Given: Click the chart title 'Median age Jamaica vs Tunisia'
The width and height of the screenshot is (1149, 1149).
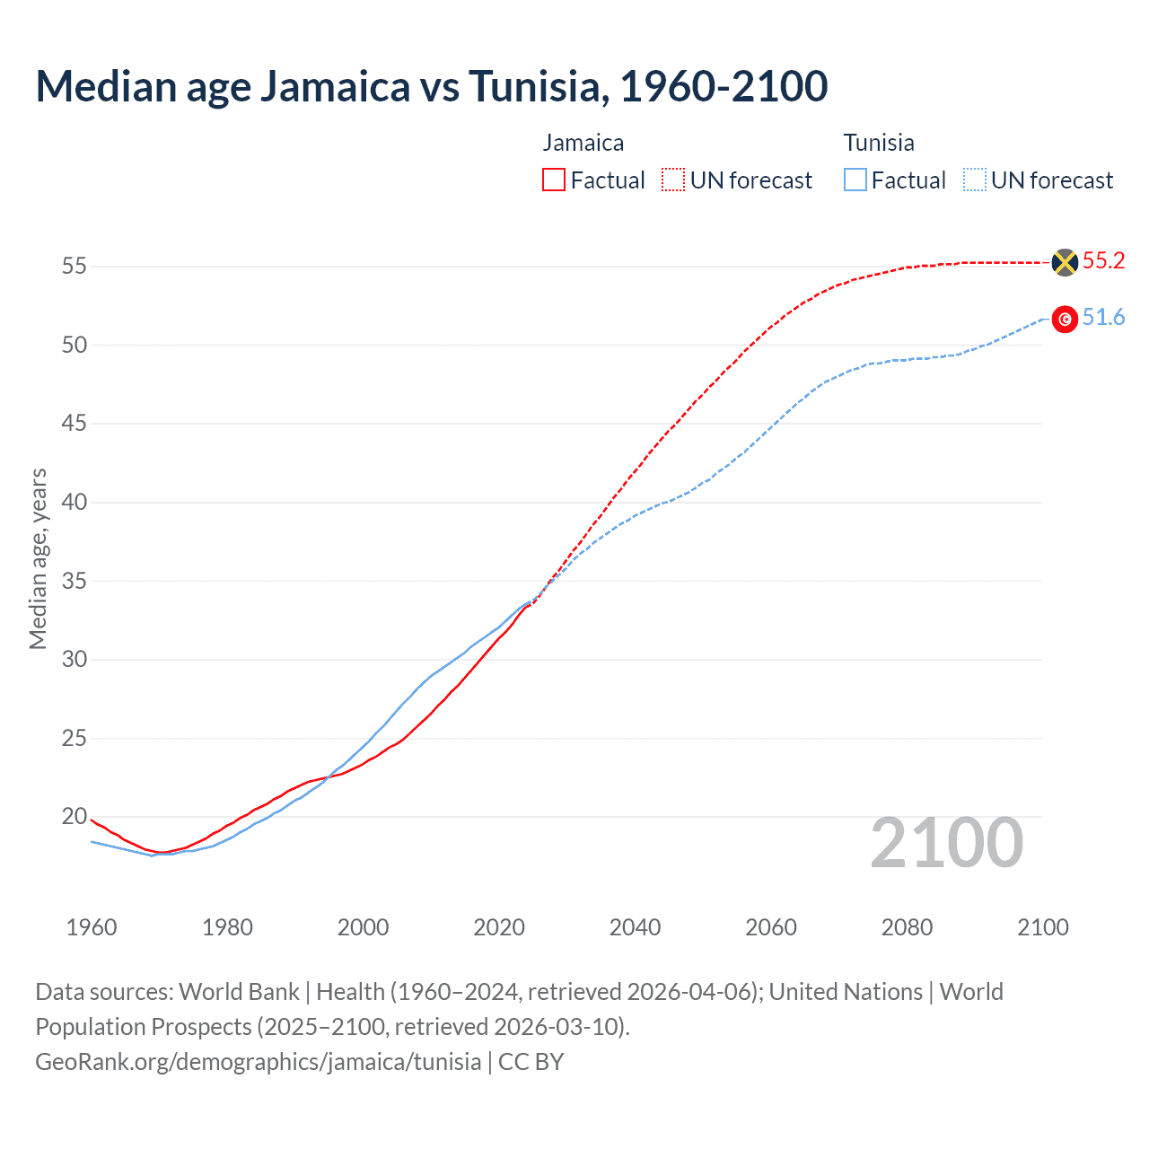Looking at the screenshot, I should [431, 86].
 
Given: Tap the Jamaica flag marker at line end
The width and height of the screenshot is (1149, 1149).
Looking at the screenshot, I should [1065, 262].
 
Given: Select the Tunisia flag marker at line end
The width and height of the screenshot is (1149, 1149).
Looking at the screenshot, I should [1065, 319].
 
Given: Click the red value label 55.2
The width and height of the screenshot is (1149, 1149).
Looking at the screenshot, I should [1103, 260].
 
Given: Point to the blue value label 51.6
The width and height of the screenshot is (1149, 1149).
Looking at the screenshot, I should [1103, 318].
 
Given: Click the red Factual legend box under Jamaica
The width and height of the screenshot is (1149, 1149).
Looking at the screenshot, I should [554, 180].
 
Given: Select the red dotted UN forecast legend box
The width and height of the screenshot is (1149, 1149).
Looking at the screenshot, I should [673, 180].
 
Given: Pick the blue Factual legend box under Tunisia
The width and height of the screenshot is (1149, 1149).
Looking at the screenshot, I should [855, 180].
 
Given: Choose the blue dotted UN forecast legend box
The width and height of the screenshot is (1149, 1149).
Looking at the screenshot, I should [975, 180].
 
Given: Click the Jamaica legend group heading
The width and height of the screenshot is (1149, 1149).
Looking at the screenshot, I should [583, 143].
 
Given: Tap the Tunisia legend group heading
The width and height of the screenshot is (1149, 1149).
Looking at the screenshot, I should [879, 143].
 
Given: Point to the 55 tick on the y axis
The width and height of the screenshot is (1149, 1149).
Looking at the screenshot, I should [74, 266].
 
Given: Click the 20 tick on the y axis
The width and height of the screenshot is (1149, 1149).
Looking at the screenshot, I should [74, 816].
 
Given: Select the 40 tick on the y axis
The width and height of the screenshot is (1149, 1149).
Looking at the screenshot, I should [74, 502].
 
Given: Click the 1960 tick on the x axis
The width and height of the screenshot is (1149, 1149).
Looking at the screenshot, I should [92, 926].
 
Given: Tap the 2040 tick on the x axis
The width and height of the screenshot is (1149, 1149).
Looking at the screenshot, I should [636, 926].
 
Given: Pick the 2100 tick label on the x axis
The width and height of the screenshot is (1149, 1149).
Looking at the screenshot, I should [1043, 926].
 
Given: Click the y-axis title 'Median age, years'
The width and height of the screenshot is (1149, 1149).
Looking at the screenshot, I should [38, 558].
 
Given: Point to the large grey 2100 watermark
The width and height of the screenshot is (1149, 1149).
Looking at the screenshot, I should [947, 842].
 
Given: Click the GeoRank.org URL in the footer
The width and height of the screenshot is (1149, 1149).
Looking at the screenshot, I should [259, 1061].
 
